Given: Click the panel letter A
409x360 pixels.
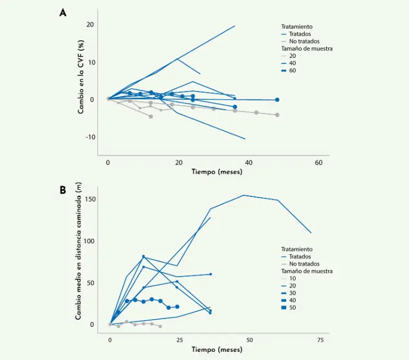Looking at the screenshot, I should [x=63, y=13].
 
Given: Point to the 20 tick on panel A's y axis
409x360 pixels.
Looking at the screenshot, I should [x=90, y=25].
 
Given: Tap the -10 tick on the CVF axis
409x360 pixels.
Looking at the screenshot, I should [x=89, y=137].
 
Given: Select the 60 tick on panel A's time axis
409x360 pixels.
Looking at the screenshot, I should [x=318, y=163].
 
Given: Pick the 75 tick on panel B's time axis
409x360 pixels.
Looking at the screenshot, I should [x=320, y=339].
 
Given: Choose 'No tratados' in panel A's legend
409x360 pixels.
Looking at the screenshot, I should [x=304, y=41].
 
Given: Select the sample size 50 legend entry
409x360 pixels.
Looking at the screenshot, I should [x=293, y=308].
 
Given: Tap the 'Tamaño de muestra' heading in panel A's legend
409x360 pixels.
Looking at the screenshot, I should [x=306, y=49].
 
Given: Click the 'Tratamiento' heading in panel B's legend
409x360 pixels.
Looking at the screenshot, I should [x=297, y=249].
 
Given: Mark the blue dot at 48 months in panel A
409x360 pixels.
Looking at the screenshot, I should [x=277, y=100].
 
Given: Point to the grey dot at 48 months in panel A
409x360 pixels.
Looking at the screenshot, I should [x=277, y=115].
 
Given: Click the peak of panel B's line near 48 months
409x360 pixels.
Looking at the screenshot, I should [x=244, y=195].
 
